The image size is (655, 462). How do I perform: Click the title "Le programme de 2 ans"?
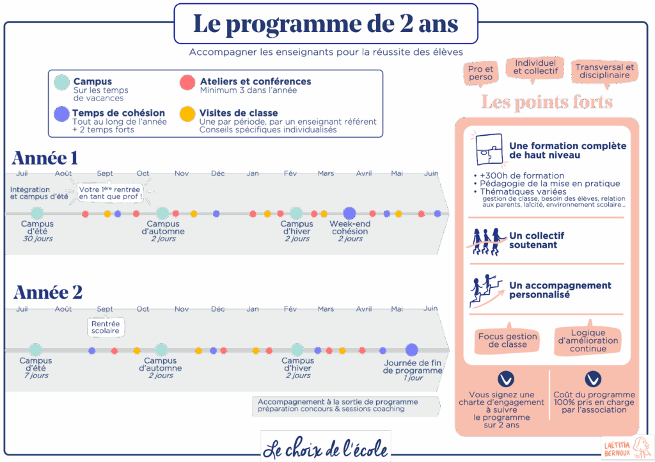(x=326, y=24)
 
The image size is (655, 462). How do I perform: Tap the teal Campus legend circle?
(x=61, y=83)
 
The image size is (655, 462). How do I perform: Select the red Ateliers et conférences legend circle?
(x=187, y=83)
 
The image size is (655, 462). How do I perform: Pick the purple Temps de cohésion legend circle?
(x=61, y=114)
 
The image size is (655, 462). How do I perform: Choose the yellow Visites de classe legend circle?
(x=187, y=114)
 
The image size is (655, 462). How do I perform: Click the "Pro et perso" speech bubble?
(x=480, y=73)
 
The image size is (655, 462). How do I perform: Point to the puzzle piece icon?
(x=489, y=148)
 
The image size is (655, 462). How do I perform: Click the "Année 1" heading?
(x=45, y=158)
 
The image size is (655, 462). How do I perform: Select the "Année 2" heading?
(x=48, y=292)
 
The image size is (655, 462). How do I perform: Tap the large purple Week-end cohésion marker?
(x=349, y=213)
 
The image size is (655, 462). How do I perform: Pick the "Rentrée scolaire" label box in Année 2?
(x=106, y=327)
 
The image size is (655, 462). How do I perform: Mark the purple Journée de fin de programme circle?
(x=412, y=350)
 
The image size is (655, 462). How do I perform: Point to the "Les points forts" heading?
(x=547, y=102)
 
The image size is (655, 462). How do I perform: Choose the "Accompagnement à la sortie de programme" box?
(x=345, y=406)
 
